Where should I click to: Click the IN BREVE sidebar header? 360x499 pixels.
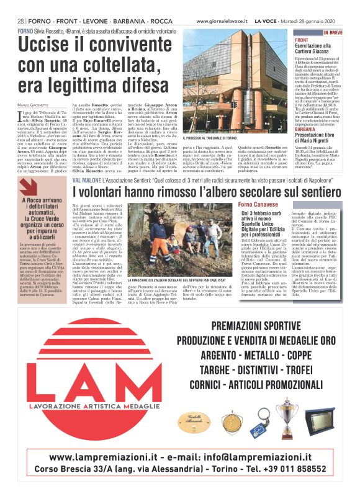click(331, 32)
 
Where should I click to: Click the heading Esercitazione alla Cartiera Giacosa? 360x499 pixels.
click(317, 49)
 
